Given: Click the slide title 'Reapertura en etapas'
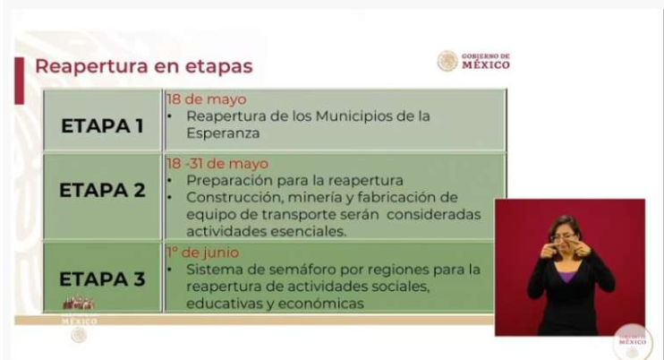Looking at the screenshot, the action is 143,66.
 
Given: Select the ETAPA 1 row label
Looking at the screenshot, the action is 102,125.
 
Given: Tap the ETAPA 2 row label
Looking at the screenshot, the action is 102,190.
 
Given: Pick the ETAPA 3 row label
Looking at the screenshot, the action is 102,279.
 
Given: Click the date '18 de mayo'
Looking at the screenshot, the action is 206,99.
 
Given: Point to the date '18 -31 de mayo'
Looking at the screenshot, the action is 217,164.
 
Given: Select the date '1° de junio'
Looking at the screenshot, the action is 203,253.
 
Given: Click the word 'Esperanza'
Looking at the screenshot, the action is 223,133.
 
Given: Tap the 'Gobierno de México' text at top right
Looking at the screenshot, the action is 485,62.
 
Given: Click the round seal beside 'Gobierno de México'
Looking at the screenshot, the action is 447,61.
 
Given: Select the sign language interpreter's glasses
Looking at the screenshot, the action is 563,239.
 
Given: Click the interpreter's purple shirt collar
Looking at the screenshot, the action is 566,278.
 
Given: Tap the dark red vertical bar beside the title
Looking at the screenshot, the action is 19,81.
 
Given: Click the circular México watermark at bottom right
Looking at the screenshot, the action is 633,342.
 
